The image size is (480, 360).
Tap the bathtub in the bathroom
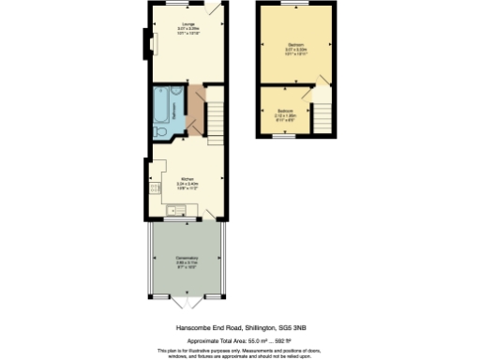[165, 106]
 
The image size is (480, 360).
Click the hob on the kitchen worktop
[153, 188]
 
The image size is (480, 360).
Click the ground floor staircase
[215, 117]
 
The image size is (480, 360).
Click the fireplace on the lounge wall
[145, 42]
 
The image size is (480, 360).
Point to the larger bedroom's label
[295, 45]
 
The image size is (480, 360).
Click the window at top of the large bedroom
[296, 4]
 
